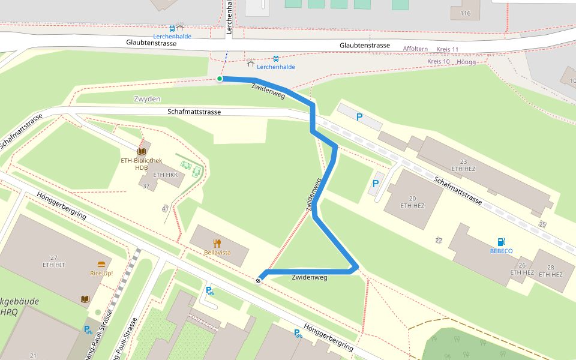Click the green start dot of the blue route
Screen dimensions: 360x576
pos(220,79)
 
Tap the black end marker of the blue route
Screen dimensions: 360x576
pos(259,280)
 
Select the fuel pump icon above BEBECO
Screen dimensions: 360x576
pos(501,242)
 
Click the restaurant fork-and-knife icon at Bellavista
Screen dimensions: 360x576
pos(217,243)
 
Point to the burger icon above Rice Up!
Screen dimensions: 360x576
pos(101,264)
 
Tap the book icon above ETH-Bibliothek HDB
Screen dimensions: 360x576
pos(142,152)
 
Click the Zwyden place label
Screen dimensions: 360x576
pos(147,99)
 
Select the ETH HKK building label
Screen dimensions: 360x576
pos(166,175)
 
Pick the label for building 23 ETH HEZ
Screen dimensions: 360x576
pos(463,165)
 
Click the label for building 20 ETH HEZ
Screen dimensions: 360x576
pos(412,202)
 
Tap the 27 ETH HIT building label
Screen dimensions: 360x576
pos(53,261)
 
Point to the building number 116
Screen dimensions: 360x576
pos(465,13)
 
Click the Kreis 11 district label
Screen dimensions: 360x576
pos(447,49)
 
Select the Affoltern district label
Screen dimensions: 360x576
pos(415,49)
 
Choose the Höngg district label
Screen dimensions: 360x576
pos(466,62)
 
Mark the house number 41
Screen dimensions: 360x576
pos(165,208)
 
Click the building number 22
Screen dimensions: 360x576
pos(439,240)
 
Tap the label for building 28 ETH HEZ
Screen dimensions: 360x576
pos(550,271)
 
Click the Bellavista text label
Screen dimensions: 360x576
pos(217,253)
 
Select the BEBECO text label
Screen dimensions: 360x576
pos(501,251)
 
